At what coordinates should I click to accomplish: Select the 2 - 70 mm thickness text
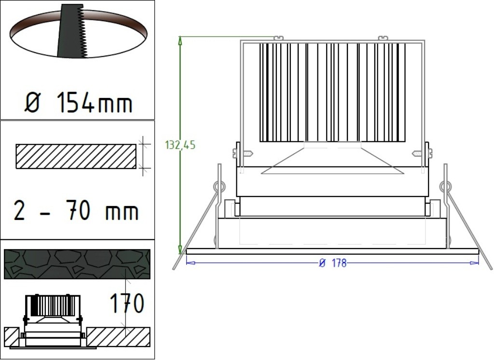[x=76, y=211]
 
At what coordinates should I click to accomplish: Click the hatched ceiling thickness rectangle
[x=76, y=156]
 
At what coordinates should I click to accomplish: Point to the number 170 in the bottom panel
[x=127, y=304]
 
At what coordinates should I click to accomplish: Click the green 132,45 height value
[x=180, y=145]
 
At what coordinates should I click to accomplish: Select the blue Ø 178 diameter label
[x=333, y=263]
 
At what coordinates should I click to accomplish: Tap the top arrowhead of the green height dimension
[x=180, y=40]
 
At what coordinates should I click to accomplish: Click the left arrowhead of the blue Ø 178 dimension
[x=190, y=263]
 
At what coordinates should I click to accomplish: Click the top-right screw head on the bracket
[x=383, y=38]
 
